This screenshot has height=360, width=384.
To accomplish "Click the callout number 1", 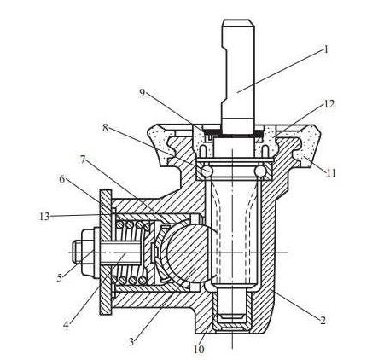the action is (326, 50).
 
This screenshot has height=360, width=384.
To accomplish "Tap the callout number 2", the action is (323, 321).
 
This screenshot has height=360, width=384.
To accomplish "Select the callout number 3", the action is (131, 341).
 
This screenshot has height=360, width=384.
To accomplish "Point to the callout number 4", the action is (66, 324).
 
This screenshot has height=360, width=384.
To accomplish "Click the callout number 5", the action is (60, 277).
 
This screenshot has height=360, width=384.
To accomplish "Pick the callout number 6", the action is (62, 179).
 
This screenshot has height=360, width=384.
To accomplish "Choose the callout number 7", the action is (83, 160).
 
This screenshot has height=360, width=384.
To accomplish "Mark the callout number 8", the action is (105, 128).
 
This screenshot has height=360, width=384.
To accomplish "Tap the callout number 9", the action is (143, 93).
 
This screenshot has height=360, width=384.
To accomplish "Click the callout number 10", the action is (199, 350).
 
